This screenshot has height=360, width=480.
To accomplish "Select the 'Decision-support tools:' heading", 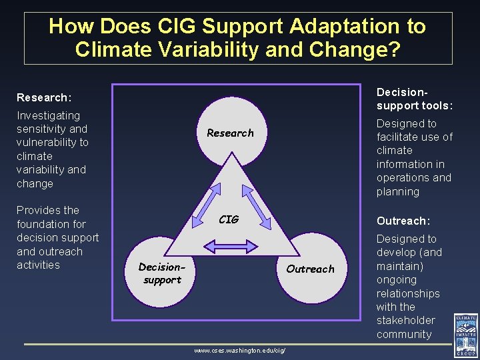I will point(414,99).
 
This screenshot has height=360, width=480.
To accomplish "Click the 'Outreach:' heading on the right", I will point(403,221).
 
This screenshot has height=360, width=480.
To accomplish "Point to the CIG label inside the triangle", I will point(229,219).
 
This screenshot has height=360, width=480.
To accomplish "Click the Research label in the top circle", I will point(230,133).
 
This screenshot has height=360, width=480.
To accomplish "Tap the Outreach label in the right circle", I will point(310,269).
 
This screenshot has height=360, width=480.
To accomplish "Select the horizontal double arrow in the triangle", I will point(229,247).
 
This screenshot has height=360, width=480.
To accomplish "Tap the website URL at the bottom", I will point(239,350).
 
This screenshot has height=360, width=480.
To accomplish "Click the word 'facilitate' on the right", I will point(399,137).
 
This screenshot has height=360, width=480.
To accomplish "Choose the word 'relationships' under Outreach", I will point(408,293).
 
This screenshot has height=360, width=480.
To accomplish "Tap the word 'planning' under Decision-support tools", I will point(398,192).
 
